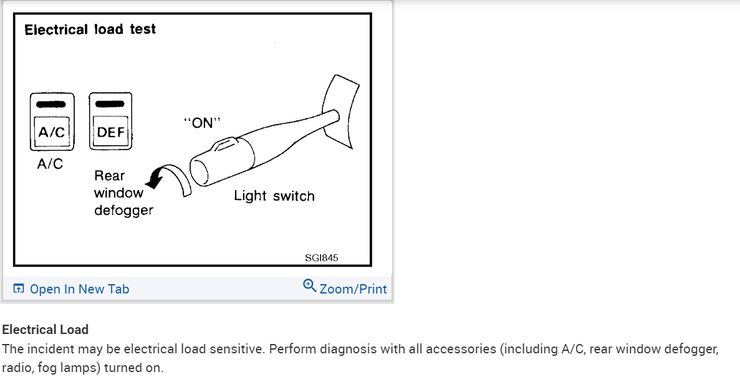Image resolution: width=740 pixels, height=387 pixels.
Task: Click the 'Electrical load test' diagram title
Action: tap(90, 29)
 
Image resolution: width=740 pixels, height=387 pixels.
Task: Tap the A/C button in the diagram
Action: tap(52, 131)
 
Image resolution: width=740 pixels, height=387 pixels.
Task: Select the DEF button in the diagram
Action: tap(111, 132)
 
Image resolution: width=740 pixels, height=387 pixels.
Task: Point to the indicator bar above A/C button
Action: tap(52, 104)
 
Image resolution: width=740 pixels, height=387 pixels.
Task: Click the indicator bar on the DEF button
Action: tap(111, 104)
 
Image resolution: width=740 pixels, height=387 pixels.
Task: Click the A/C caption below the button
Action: tap(50, 163)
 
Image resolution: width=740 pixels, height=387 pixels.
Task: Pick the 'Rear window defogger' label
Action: tap(123, 193)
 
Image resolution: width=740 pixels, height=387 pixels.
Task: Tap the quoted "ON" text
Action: tap(203, 123)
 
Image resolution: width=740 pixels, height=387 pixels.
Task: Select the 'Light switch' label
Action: tap(274, 196)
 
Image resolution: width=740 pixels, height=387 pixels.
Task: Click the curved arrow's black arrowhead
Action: tap(152, 181)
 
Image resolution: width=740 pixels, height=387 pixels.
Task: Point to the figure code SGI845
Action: tap(322, 257)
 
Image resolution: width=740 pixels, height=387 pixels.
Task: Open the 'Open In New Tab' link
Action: tap(79, 289)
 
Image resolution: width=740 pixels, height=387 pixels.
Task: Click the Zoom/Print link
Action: tap(353, 289)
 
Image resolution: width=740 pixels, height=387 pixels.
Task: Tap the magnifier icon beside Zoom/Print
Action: tap(309, 285)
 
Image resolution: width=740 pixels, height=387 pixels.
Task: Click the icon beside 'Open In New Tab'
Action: tap(19, 289)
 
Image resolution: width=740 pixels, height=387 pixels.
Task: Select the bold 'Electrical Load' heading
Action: tap(46, 329)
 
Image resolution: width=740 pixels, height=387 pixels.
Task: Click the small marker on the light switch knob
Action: tap(221, 146)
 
